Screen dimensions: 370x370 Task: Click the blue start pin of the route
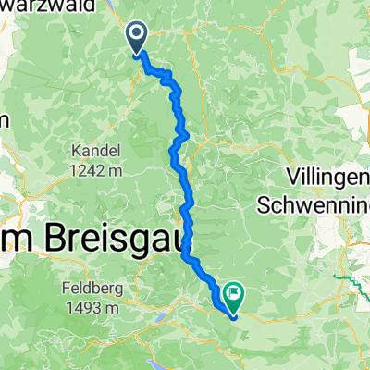[x=137, y=38]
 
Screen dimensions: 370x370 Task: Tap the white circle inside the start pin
[x=137, y=35]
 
